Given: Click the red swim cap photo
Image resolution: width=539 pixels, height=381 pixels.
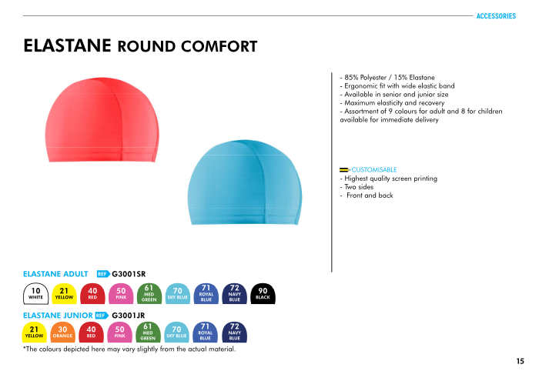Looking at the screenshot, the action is (x=102, y=119).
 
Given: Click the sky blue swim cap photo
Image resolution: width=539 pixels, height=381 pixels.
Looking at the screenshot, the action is (x=245, y=182).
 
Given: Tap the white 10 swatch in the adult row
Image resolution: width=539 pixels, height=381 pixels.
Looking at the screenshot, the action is (x=35, y=294).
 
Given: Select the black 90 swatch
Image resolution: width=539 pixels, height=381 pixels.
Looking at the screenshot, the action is (x=263, y=294).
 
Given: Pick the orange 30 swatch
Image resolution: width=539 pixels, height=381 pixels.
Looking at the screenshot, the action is (x=62, y=333).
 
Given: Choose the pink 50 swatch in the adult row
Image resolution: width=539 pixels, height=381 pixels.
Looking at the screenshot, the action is (x=121, y=294).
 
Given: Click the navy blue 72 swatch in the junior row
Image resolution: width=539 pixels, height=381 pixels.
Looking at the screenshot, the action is (x=234, y=333).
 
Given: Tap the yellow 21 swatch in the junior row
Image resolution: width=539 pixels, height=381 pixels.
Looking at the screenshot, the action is (x=35, y=333).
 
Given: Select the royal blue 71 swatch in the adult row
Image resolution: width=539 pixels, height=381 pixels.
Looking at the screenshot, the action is (x=206, y=294).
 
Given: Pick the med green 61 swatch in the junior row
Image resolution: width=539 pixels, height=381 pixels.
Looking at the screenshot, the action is (x=148, y=333).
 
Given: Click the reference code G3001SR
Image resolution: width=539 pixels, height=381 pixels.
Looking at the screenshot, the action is (x=129, y=274).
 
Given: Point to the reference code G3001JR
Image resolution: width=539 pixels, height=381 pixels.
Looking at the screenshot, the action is (x=129, y=316).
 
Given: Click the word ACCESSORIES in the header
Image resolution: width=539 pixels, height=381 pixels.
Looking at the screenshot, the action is (x=496, y=16).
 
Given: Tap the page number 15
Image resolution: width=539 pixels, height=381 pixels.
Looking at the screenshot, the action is (x=520, y=361).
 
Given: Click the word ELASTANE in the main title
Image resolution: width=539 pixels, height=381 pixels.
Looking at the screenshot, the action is (x=68, y=45).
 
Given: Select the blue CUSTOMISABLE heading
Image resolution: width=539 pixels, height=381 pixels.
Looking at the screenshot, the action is (x=374, y=169).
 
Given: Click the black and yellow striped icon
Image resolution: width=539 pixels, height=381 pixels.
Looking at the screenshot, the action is (x=344, y=169).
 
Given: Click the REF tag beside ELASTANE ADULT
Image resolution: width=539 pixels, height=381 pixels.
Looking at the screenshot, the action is (x=103, y=274).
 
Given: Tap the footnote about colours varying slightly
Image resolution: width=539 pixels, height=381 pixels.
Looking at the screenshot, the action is (x=129, y=349).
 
